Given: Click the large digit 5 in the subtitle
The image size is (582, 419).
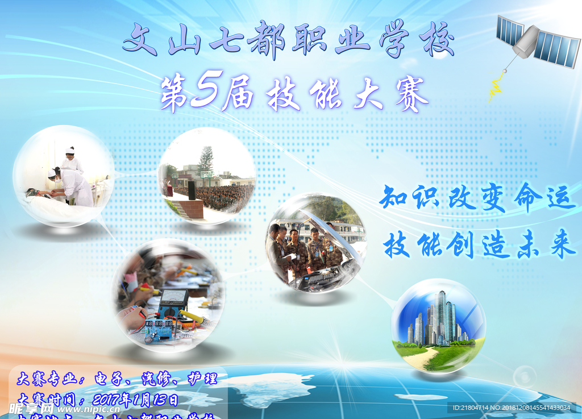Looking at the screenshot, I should (x=203, y=93).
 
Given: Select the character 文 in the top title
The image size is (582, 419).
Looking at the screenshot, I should (x=140, y=40).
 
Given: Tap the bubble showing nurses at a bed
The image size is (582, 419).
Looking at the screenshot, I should (x=64, y=176).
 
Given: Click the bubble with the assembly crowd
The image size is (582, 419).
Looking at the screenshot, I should (x=207, y=176).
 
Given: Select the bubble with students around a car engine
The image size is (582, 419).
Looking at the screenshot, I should (x=316, y=243).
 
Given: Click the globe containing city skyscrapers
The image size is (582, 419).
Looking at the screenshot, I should (x=438, y=325).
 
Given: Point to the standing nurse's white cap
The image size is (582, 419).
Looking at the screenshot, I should (x=70, y=151).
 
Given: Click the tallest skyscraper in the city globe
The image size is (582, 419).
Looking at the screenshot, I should (x=440, y=316).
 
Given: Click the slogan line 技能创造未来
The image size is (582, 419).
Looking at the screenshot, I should (x=479, y=246).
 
